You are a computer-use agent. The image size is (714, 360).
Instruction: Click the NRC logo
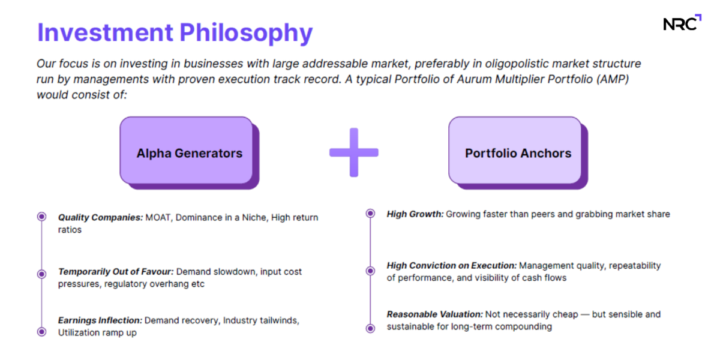682,22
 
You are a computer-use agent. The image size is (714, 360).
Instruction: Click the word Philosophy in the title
246,33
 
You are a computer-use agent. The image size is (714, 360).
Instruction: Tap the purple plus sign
354,152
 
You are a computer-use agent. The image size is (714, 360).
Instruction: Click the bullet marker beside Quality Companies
41,217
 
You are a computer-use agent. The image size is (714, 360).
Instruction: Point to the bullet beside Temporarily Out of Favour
41,274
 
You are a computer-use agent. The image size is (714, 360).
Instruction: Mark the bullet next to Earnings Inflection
41,332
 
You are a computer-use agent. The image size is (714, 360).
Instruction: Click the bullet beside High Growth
371,213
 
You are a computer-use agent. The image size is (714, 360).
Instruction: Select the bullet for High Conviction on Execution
371,271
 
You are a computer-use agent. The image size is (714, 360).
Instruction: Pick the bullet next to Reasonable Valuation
371,328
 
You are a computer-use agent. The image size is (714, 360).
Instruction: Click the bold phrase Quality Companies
100,218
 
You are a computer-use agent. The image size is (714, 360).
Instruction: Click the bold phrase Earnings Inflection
100,320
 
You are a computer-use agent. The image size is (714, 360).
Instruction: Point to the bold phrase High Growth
415,214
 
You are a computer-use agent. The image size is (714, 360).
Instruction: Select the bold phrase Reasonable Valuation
435,314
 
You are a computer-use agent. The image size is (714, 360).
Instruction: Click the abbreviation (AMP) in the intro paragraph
613,79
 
